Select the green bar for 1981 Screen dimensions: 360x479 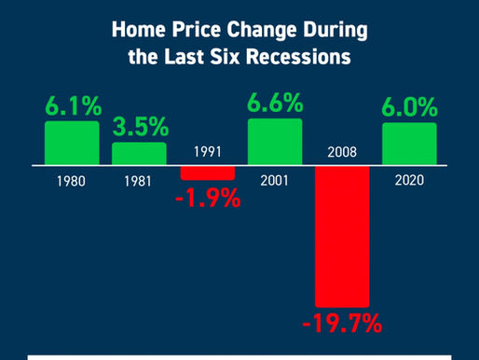[139, 153]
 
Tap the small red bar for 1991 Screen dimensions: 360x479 [207, 173]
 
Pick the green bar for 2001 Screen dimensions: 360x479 [274, 143]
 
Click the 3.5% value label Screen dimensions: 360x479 [139, 126]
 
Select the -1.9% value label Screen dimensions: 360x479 [206, 199]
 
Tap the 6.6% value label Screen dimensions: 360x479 [275, 101]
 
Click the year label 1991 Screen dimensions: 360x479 [207, 151]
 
